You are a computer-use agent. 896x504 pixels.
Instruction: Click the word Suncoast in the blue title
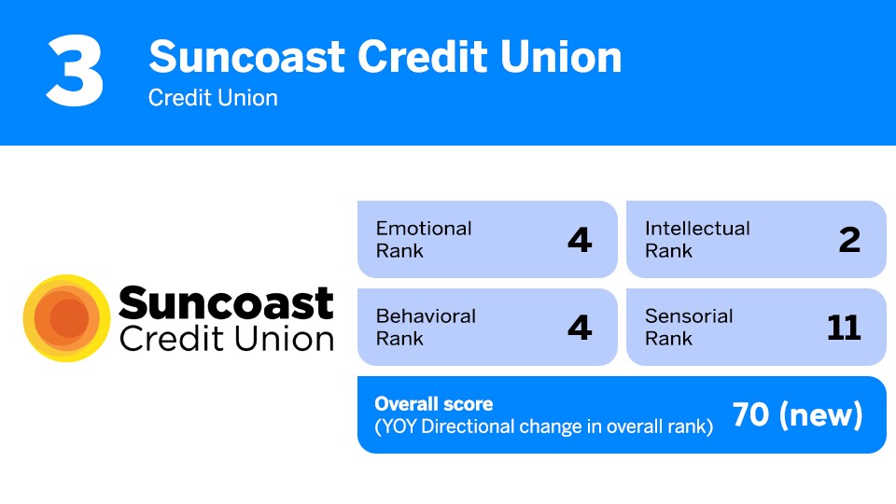[245, 57]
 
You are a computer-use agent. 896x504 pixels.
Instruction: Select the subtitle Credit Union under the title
[213, 98]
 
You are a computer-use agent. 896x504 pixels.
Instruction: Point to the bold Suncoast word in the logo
[226, 303]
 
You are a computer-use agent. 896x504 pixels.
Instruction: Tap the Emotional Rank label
[423, 239]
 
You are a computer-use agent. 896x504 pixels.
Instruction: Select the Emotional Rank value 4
[580, 240]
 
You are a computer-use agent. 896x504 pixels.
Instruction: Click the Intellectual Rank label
[697, 239]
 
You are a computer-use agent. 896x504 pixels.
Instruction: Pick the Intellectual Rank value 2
[849, 240]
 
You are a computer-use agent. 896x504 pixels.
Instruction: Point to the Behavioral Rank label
[426, 327]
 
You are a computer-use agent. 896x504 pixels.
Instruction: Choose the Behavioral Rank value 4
[580, 328]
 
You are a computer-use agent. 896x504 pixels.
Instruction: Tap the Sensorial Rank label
[689, 327]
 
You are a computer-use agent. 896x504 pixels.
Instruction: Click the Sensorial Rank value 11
[844, 328]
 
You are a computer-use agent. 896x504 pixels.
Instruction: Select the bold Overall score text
[434, 404]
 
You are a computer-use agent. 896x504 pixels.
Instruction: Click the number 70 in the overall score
[750, 415]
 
